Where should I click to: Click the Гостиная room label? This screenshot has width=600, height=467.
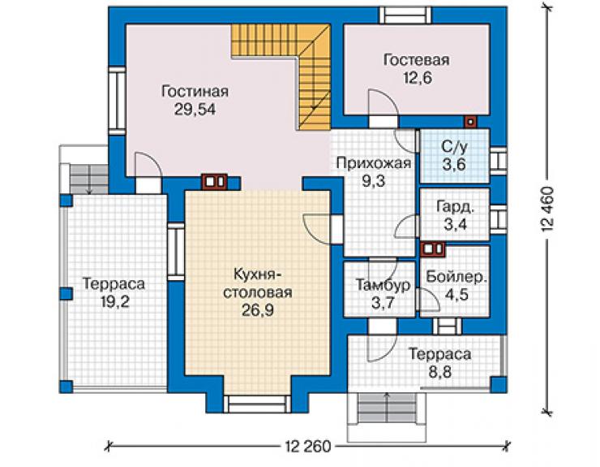pos(195,92)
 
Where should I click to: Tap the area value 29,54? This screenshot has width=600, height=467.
pos(195,110)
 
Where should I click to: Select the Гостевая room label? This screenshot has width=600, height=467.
pos(416,60)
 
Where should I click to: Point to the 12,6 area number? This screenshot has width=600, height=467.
pos(417,78)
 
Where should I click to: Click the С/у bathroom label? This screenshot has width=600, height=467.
pos(454,147)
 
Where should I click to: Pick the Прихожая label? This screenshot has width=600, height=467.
pos(374,163)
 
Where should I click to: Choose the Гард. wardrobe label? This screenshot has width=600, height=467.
pos(456,207)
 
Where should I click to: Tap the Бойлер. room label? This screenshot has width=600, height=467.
pos(456,277)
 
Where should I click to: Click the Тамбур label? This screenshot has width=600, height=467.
pos(383,285)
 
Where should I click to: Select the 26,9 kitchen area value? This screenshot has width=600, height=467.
pos(258,310)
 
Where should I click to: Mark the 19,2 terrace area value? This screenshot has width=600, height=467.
pos(115,302)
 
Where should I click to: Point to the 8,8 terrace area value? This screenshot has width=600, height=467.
pos(439,372)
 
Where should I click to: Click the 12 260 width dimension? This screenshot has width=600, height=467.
pos(307,447)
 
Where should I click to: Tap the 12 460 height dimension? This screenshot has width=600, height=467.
pos(547,210)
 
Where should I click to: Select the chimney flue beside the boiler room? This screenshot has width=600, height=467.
pos(433,249)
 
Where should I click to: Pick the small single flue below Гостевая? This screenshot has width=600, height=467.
pos(470,122)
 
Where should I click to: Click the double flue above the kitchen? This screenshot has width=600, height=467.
pos(214,182)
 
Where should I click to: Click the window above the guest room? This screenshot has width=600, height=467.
pos(405,15)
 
